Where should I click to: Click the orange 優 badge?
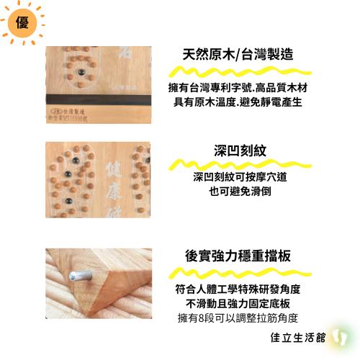tap(22, 22)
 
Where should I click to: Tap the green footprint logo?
tap(338, 336)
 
